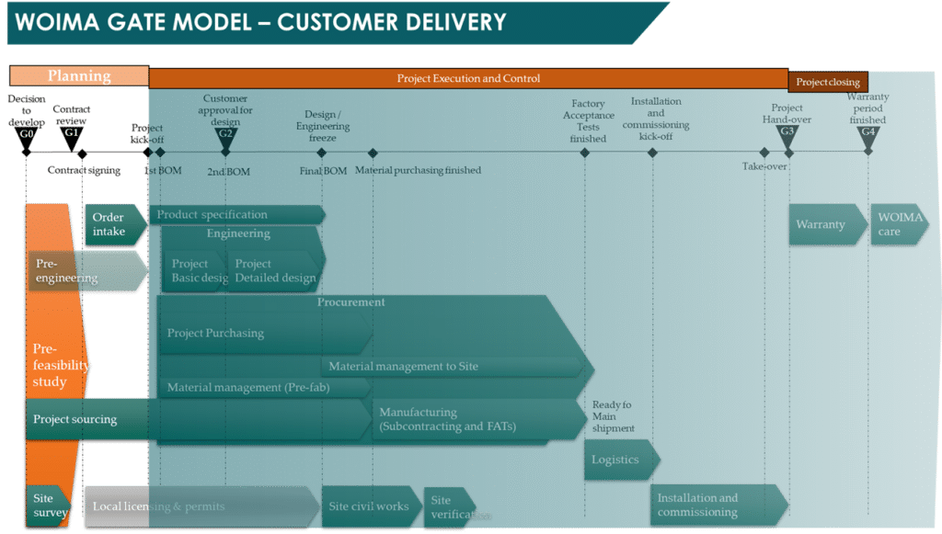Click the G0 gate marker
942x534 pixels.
[x=26, y=135]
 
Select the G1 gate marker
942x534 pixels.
[x=72, y=135]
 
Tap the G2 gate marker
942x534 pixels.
[x=225, y=135]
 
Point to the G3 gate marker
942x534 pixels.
[x=787, y=133]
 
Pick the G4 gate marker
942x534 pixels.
[x=867, y=133]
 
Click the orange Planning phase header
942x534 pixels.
[x=79, y=76]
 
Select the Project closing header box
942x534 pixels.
[x=828, y=82]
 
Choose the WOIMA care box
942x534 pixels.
[x=896, y=225]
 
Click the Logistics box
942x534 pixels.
[x=619, y=460]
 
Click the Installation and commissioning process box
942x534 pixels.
[x=716, y=506]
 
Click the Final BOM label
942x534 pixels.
[x=322, y=171]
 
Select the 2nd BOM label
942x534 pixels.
[x=227, y=171]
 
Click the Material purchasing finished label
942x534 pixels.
[x=418, y=170]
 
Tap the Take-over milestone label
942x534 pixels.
[x=764, y=166]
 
